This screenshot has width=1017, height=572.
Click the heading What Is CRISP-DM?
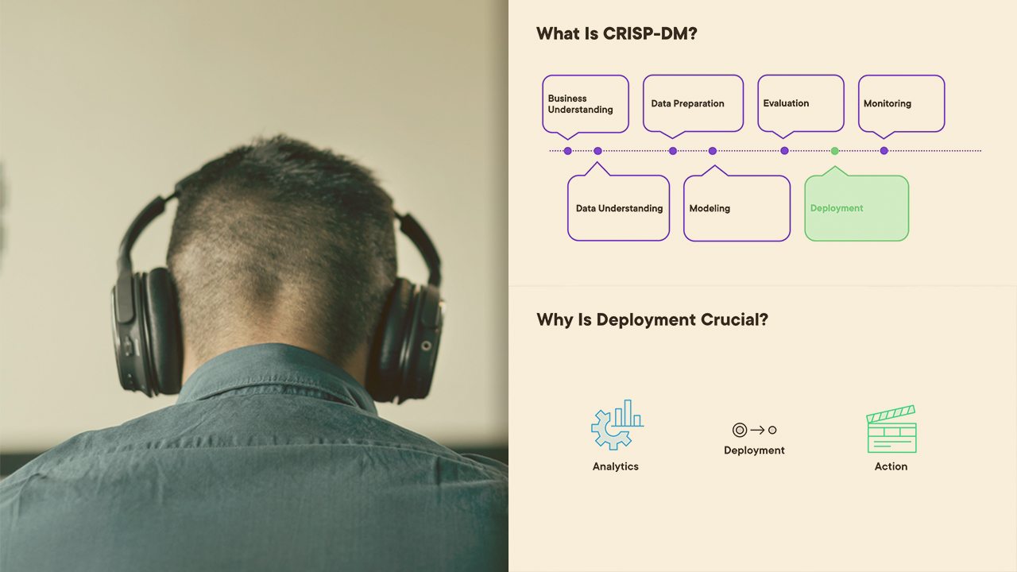[x=616, y=33]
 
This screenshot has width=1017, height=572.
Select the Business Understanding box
[x=586, y=104]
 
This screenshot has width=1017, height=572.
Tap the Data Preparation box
[x=693, y=103]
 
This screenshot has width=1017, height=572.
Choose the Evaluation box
[x=800, y=103]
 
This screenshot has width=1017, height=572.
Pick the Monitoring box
[x=901, y=103]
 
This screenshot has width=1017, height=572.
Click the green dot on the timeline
[x=834, y=151]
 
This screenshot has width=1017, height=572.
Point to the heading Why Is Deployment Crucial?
[x=652, y=319]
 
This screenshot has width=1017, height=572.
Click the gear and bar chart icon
[x=617, y=425]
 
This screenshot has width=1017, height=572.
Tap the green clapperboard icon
[x=891, y=429]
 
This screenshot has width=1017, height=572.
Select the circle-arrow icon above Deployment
[x=754, y=430]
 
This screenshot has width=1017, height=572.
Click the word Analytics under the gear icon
[x=615, y=466]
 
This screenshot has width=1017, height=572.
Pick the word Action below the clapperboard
[x=891, y=466]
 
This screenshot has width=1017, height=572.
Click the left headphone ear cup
[x=146, y=331]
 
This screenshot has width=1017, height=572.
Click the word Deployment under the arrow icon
[x=754, y=450]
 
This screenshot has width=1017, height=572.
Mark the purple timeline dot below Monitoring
[x=884, y=151]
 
